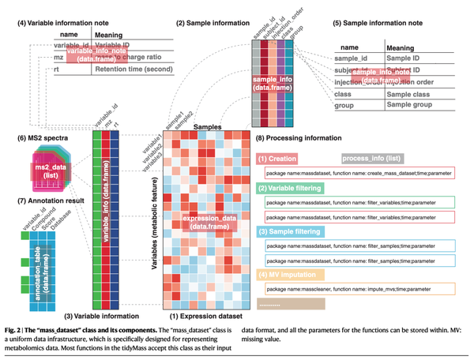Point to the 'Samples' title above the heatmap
point(208,126)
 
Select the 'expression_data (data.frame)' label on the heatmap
point(209,222)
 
